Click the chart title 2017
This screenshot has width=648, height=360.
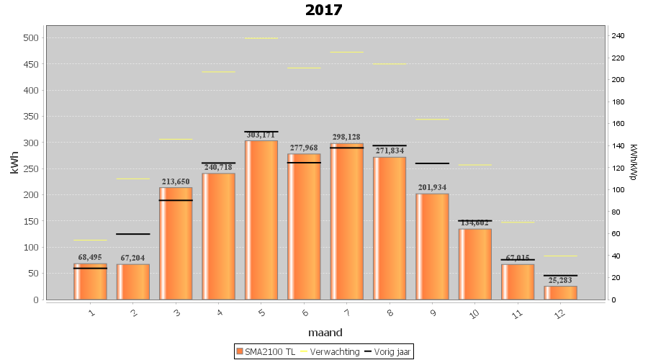click(x=323, y=10)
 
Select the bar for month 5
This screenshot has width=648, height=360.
click(x=261, y=220)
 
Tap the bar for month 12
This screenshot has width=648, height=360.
click(x=560, y=292)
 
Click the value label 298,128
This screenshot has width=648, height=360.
click(x=346, y=137)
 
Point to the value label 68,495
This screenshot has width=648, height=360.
click(x=90, y=257)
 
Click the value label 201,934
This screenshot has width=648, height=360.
click(x=432, y=188)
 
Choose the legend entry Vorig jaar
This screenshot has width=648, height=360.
click(x=389, y=351)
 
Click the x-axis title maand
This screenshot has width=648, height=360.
click(x=325, y=333)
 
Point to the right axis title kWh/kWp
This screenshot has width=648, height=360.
click(x=634, y=161)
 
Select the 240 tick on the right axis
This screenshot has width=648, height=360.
click(x=618, y=35)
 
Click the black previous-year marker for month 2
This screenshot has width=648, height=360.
click(x=133, y=234)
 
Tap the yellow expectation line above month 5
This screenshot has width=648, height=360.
click(x=261, y=38)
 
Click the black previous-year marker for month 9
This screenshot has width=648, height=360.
click(x=432, y=163)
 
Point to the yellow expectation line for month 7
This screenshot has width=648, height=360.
click(x=346, y=52)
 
